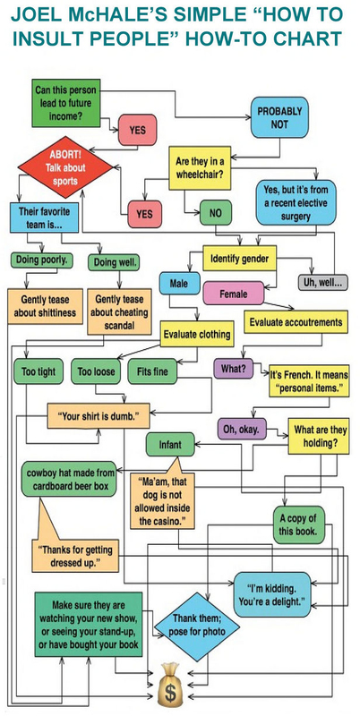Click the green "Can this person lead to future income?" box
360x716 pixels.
tap(65, 103)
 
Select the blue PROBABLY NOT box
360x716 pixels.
tap(279, 117)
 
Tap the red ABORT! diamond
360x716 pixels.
tap(65, 167)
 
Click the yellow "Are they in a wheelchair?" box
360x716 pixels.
tap(200, 167)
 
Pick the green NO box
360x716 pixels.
tap(215, 213)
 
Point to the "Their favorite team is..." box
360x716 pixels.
tap(44, 217)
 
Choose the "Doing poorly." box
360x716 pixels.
tap(41, 260)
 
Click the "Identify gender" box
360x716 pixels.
tap(239, 259)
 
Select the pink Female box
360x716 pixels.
tap(234, 294)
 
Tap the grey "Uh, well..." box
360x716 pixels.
tap(322, 283)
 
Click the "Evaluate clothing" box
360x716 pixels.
tap(197, 334)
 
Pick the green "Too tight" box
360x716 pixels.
tap(39, 371)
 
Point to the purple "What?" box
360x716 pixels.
tap(234, 368)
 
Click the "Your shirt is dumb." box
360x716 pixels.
tap(99, 416)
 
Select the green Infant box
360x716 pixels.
tap(170, 444)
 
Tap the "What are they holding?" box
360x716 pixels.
tap(319, 436)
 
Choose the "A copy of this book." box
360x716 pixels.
tap(299, 524)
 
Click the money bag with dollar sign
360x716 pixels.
tap(170, 689)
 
